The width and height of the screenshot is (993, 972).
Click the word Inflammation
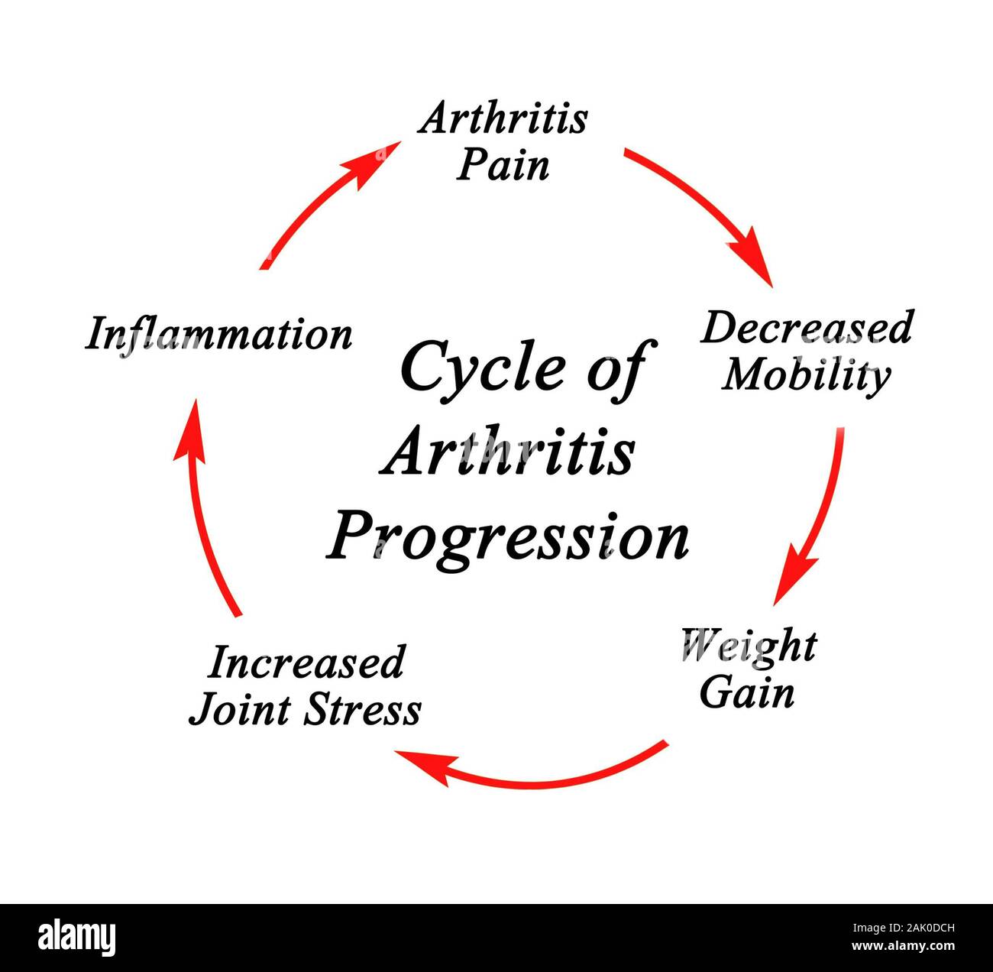218,335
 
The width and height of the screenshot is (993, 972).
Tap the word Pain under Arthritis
503,165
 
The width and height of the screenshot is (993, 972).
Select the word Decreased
807,328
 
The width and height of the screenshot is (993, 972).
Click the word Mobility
807,374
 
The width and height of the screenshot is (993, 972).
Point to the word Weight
749,646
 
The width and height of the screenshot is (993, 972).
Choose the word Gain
747,692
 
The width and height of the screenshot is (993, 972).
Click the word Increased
306,662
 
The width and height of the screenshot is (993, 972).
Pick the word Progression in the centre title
509,538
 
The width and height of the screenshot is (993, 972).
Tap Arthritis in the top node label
503,118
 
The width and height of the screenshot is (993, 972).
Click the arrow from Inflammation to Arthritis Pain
321,202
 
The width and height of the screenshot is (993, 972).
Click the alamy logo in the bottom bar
76,937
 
